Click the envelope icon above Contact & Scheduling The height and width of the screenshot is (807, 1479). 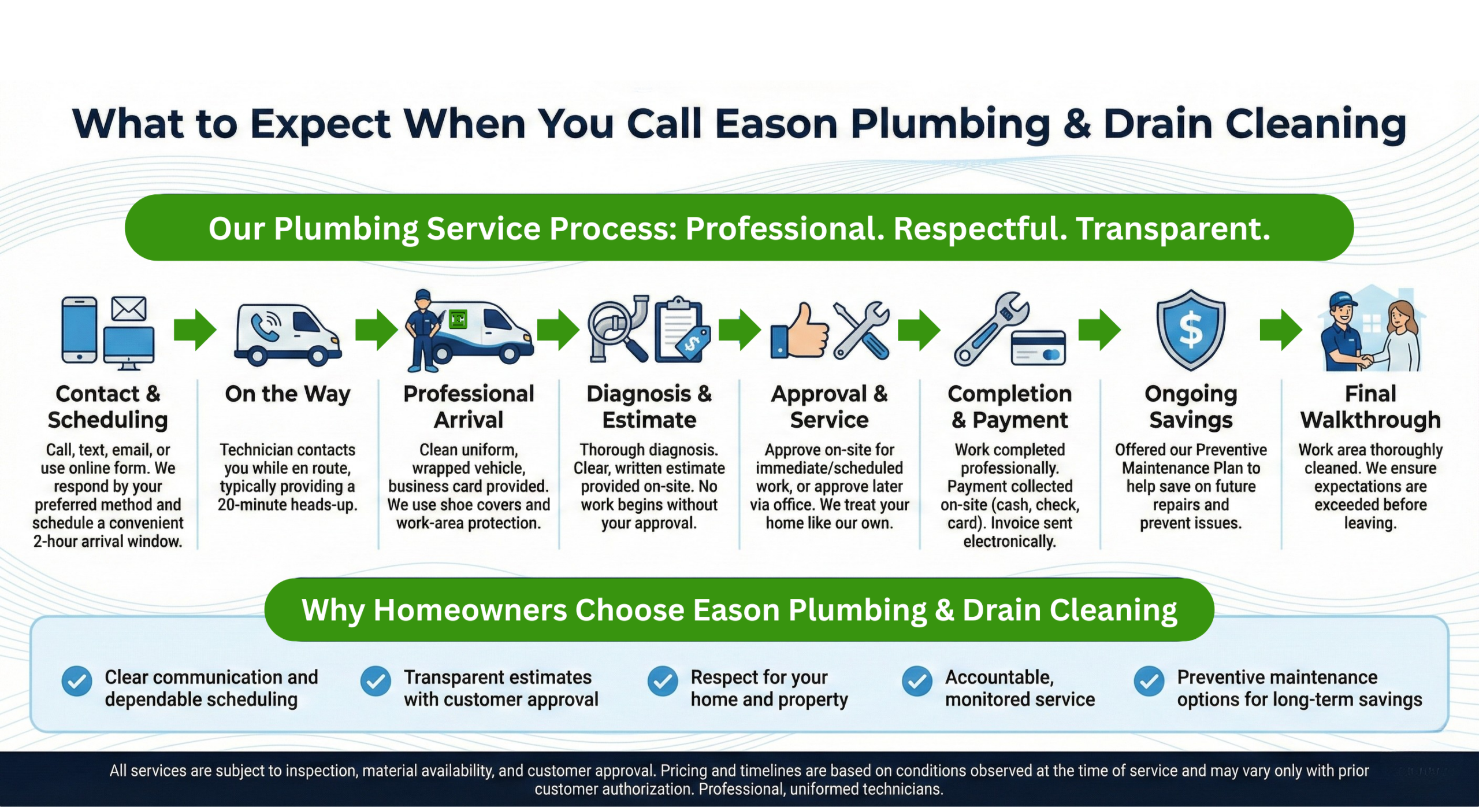click(x=128, y=309)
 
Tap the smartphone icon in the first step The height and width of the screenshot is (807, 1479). click(x=79, y=330)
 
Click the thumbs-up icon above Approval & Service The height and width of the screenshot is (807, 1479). click(x=801, y=332)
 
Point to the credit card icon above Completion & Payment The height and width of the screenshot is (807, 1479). click(x=1038, y=349)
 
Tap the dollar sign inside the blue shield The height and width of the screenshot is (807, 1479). click(x=1191, y=330)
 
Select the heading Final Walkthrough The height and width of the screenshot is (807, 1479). click(x=1370, y=407)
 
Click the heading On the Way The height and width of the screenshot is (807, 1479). click(x=288, y=394)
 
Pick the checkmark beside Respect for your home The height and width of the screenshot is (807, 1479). click(x=662, y=682)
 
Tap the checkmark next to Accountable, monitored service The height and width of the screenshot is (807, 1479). click(x=917, y=682)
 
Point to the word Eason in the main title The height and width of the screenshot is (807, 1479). click(x=776, y=124)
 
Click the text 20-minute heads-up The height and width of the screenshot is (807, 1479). click(x=288, y=505)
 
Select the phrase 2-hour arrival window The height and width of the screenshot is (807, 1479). click(x=107, y=542)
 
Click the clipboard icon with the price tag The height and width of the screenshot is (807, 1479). click(x=678, y=330)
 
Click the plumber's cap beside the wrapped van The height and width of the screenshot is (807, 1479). click(x=423, y=295)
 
